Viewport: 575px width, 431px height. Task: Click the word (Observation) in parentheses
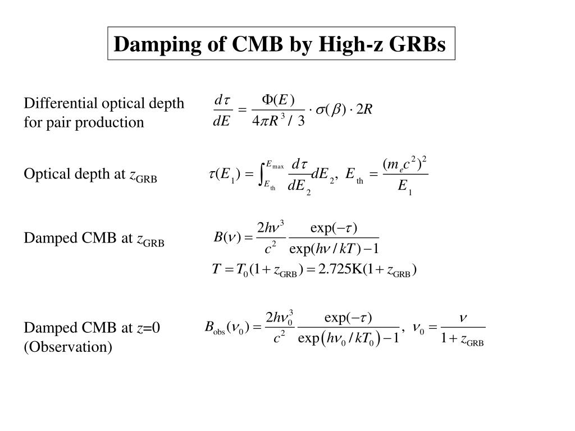[x=67, y=347]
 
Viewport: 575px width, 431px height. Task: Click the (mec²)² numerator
[x=405, y=164]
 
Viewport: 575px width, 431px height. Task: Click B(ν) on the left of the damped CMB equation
[x=227, y=237]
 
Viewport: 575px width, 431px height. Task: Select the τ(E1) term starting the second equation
[x=223, y=175]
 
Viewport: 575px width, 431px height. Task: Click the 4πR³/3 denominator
[x=279, y=122]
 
